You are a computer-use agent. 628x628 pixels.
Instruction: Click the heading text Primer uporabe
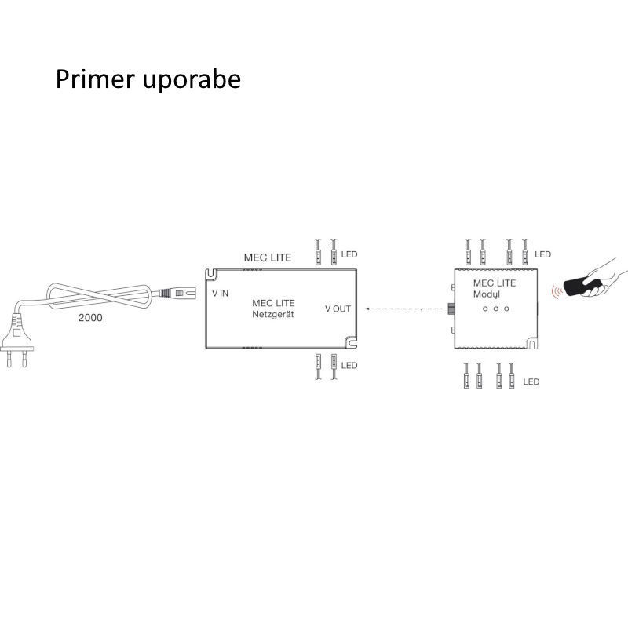click(x=148, y=80)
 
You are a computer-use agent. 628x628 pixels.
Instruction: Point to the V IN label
click(x=221, y=293)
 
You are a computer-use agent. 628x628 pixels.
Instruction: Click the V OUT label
click(x=338, y=309)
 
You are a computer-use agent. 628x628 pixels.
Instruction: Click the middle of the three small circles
click(x=497, y=309)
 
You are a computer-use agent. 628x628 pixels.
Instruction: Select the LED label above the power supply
click(x=349, y=254)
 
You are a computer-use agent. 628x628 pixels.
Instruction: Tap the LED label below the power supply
click(x=349, y=366)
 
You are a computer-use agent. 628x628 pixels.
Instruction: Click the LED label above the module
click(x=542, y=254)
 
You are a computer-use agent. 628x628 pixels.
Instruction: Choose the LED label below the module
click(x=531, y=382)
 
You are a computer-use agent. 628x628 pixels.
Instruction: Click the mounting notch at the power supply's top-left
click(x=211, y=274)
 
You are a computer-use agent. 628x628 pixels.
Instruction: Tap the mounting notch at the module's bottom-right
click(x=531, y=343)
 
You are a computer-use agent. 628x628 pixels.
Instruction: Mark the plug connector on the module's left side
click(x=451, y=309)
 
